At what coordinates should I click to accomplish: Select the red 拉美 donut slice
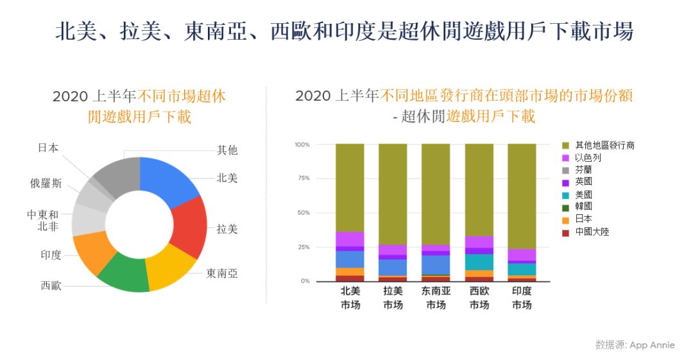190,228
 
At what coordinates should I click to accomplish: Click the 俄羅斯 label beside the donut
46,183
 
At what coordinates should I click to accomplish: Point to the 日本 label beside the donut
48,148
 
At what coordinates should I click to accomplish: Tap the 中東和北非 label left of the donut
43,220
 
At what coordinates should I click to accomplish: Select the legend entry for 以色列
587,158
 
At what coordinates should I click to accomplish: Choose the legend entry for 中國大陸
591,231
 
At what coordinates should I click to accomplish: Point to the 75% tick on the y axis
302,178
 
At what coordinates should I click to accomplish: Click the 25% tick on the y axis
302,247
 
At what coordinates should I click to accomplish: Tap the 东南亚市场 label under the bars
436,298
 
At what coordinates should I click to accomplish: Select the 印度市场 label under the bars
522,298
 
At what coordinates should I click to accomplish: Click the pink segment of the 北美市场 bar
350,239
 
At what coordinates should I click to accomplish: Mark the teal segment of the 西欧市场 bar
479,262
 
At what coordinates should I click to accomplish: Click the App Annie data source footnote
635,345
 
